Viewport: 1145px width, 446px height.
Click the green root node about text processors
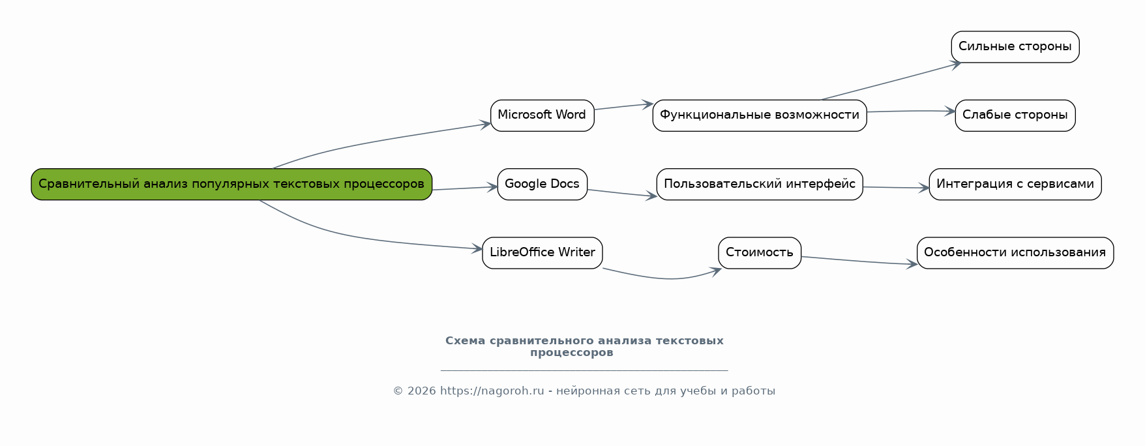click(231, 185)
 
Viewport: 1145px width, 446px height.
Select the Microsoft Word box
click(542, 115)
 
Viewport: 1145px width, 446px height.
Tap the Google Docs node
click(542, 185)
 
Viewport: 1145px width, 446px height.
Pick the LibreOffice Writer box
click(542, 253)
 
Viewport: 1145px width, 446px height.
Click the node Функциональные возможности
click(759, 115)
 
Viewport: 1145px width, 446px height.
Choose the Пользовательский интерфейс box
click(759, 185)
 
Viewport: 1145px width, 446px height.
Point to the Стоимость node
click(759, 253)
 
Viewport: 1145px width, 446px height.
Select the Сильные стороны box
click(1015, 47)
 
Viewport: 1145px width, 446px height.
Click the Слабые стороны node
click(1015, 115)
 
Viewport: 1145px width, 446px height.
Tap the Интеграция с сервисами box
click(1015, 185)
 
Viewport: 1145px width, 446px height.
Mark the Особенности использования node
click(1015, 253)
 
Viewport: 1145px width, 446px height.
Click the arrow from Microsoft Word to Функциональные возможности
click(623, 106)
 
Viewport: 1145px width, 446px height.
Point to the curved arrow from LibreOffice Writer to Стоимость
click(665, 278)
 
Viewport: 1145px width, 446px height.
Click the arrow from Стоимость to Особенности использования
click(859, 261)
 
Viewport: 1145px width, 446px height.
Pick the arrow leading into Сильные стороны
click(890, 82)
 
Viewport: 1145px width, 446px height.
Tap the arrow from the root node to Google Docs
click(464, 188)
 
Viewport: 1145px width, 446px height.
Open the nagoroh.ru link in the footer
click(492, 391)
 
